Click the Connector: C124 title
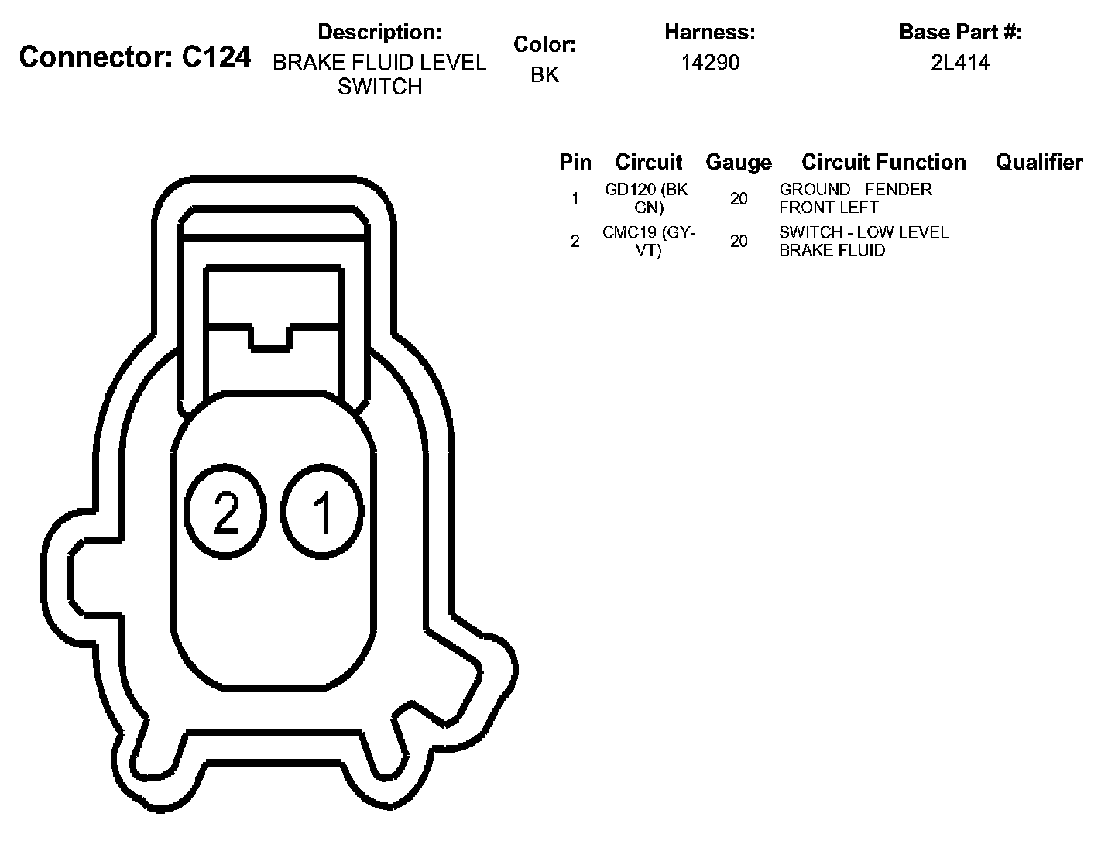click(135, 57)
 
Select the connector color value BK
click(544, 74)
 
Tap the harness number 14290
click(710, 63)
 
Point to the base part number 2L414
click(960, 63)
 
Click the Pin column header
click(575, 162)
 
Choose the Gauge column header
click(739, 163)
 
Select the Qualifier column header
click(1039, 162)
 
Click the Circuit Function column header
click(883, 162)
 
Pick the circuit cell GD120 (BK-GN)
click(649, 198)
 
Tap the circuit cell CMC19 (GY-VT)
click(649, 242)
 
